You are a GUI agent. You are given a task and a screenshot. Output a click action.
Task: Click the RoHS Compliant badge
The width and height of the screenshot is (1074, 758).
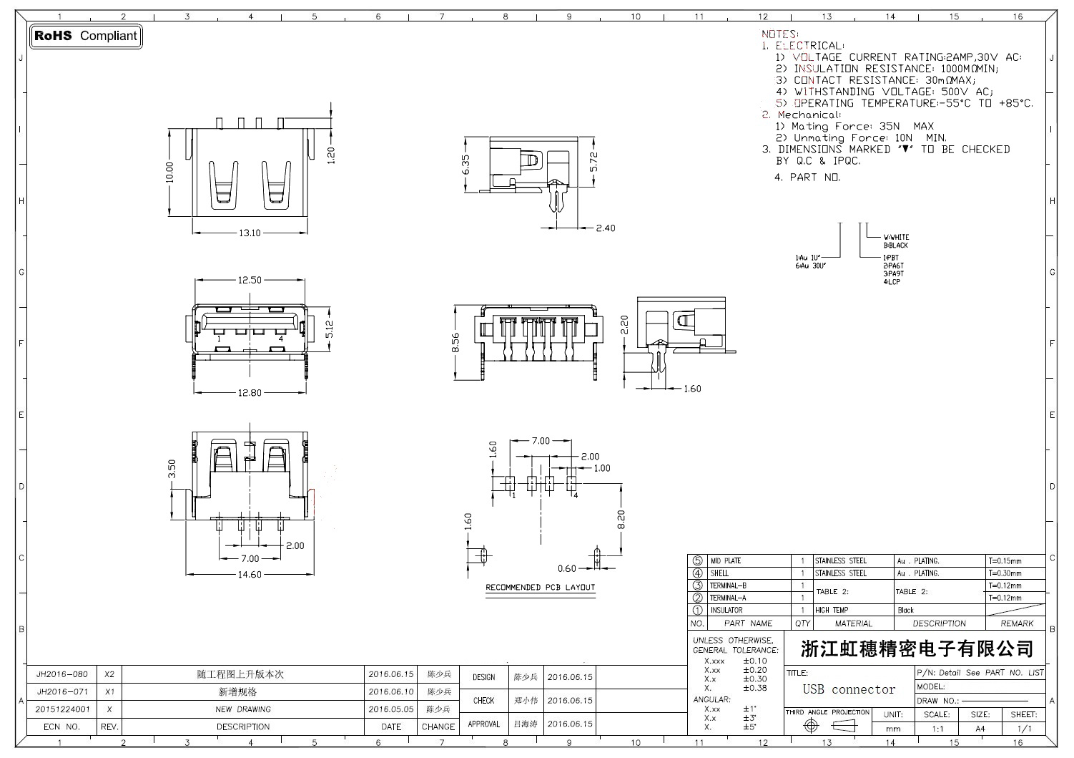click(x=86, y=36)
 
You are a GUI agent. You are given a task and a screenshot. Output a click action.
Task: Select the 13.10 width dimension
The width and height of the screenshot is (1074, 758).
click(x=249, y=233)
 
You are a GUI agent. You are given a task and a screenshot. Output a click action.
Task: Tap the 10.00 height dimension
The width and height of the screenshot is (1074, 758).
click(x=169, y=172)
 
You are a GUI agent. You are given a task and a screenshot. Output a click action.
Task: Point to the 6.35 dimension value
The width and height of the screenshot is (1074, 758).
click(x=466, y=165)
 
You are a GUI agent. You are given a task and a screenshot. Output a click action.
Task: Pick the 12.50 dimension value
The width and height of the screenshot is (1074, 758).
click(x=249, y=280)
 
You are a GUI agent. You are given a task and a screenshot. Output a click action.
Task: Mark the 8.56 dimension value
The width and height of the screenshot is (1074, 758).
click(x=455, y=344)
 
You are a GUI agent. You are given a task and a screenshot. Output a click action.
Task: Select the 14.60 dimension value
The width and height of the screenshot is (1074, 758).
click(x=249, y=575)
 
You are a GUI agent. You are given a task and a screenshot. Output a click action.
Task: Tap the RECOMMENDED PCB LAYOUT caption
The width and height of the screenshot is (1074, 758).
click(x=540, y=588)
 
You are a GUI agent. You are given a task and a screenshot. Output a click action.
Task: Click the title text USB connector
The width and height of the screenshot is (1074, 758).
click(x=849, y=689)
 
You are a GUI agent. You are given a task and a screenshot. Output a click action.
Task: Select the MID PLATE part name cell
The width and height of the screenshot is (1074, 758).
click(x=725, y=561)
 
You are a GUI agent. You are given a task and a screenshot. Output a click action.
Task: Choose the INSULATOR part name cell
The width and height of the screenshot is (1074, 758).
click(x=726, y=610)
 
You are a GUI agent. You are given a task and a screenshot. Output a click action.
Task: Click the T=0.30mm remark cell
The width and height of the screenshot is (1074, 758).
click(x=1005, y=573)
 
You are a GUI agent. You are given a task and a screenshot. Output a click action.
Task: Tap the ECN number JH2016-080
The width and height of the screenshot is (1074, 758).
click(x=62, y=674)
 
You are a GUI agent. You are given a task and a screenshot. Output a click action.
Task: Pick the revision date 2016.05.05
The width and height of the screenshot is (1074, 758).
click(x=390, y=709)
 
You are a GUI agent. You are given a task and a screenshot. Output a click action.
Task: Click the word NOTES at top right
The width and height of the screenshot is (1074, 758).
click(x=779, y=34)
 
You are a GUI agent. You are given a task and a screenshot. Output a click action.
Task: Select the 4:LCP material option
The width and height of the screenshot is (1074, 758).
click(x=892, y=282)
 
